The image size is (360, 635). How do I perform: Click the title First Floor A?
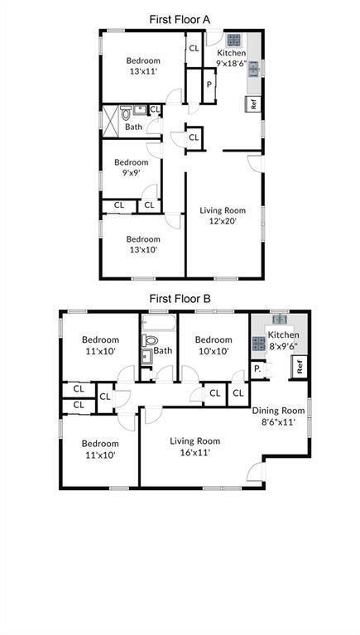click(180, 17)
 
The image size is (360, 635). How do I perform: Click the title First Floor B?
click(180, 298)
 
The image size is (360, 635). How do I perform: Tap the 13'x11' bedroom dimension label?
click(142, 72)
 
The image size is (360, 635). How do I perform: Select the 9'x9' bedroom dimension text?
click(131, 174)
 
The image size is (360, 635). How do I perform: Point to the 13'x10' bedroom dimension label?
click(142, 249)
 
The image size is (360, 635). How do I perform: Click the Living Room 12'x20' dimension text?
click(223, 221)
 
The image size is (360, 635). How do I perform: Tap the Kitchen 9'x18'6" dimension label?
click(232, 63)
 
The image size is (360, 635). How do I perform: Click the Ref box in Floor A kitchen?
click(253, 104)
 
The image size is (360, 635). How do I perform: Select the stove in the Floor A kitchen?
click(233, 39)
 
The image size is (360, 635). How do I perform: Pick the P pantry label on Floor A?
click(209, 84)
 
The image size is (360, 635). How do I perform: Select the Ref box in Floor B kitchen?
click(300, 365)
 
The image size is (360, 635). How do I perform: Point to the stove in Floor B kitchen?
click(259, 344)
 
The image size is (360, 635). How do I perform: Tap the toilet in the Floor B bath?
click(151, 339)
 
